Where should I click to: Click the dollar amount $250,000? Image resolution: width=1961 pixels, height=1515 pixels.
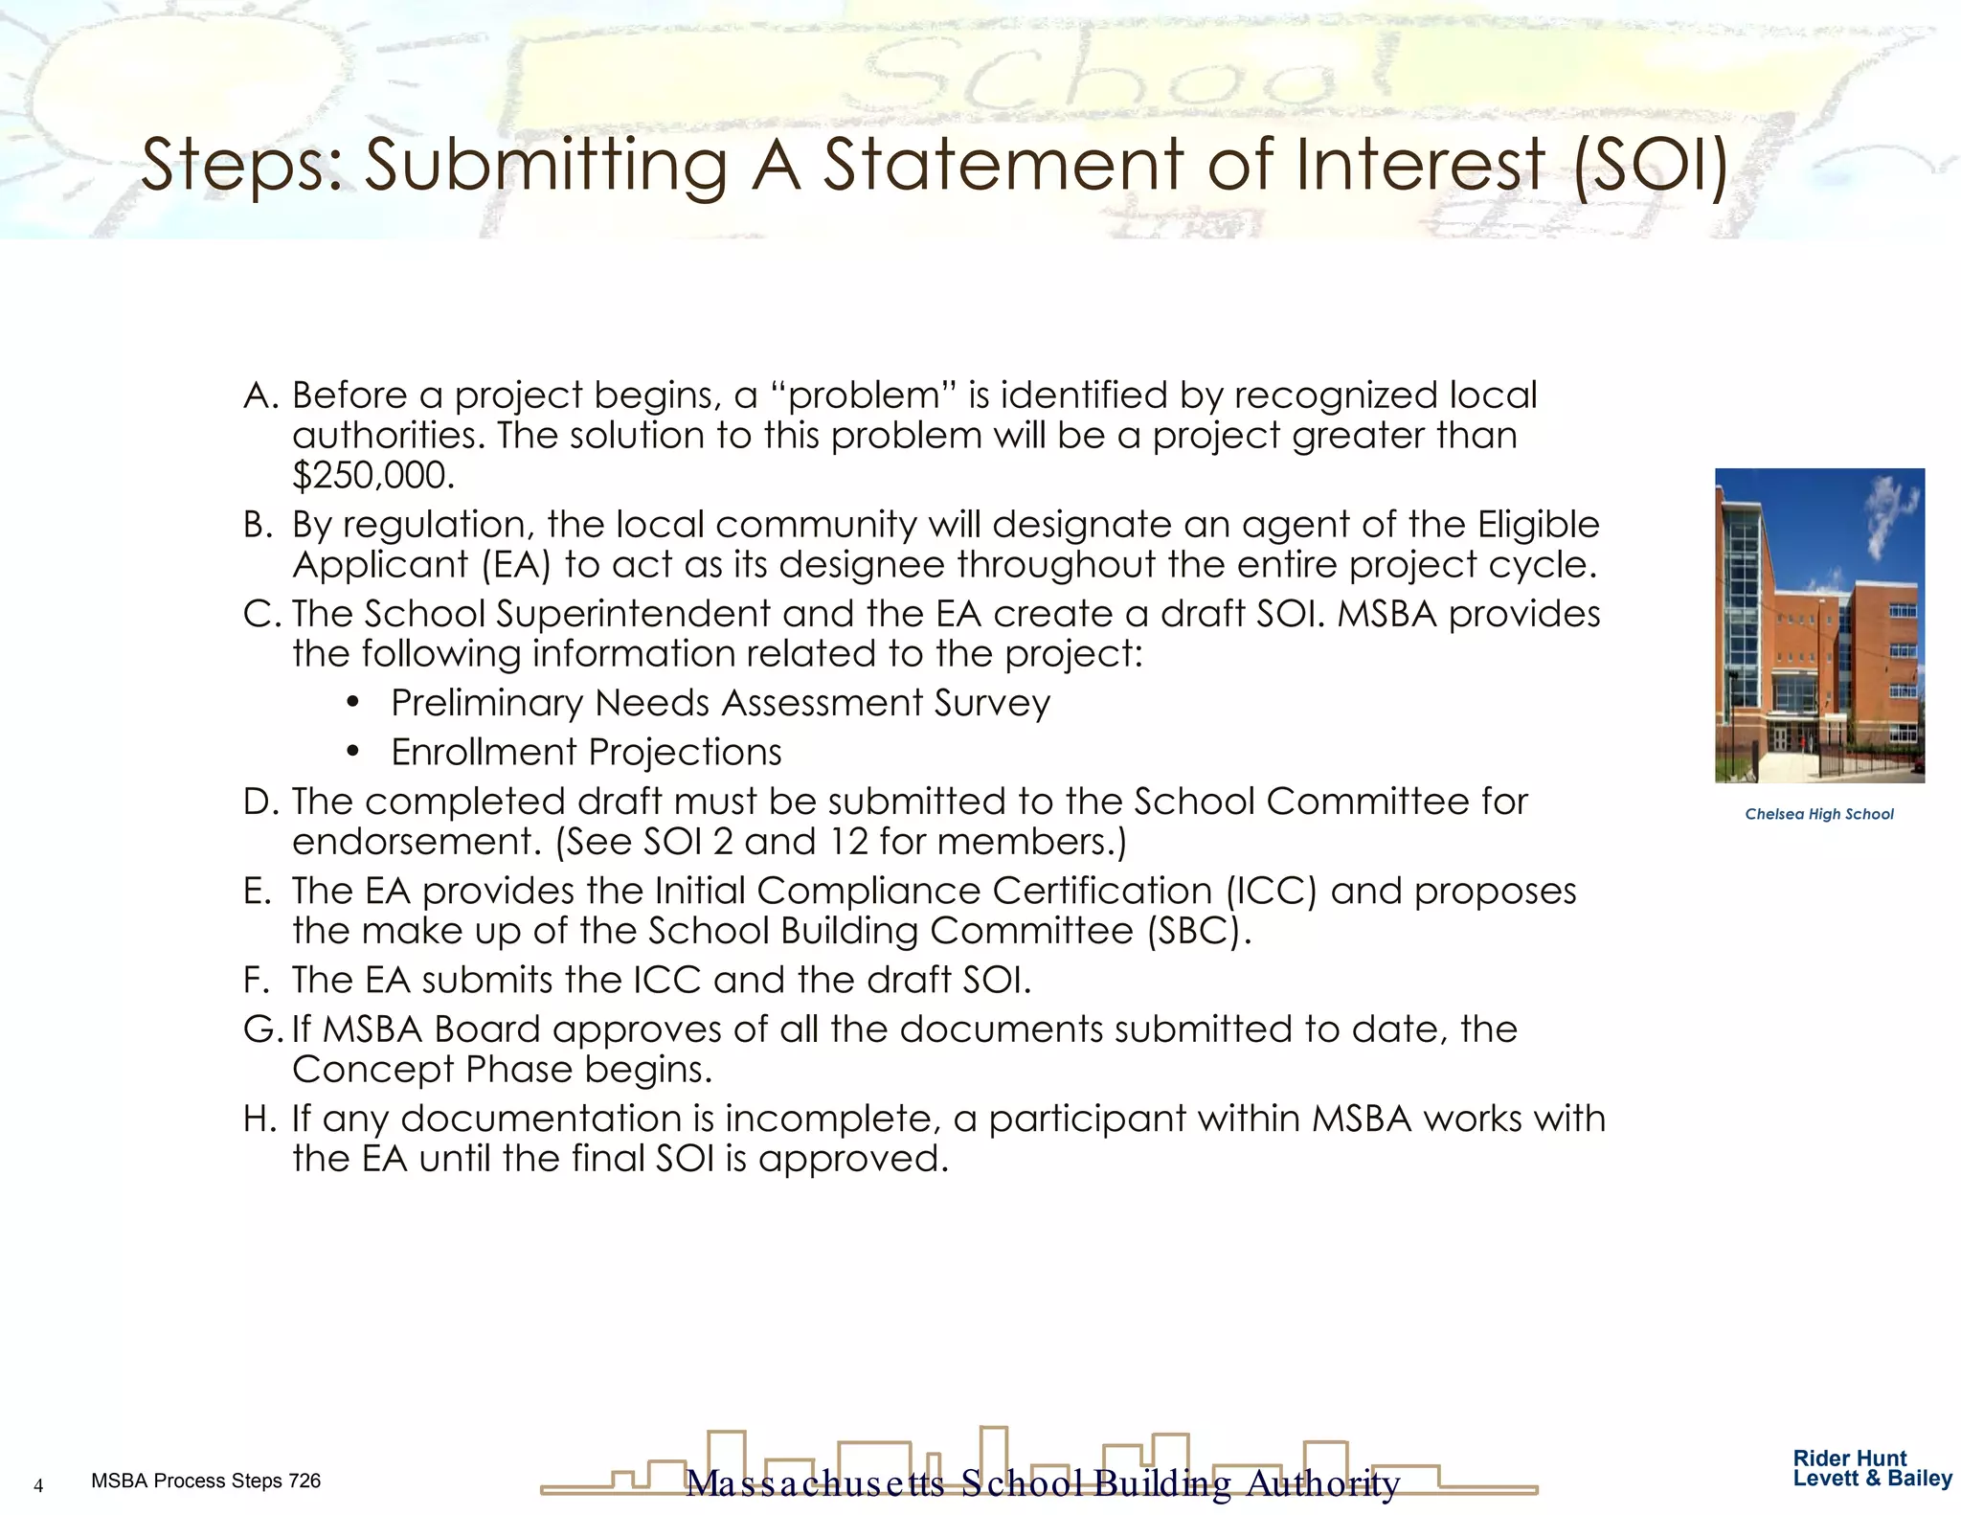tap(372, 475)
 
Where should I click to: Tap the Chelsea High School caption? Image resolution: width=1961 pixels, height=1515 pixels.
tap(1818, 814)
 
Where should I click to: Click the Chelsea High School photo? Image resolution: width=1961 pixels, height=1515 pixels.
tap(1819, 624)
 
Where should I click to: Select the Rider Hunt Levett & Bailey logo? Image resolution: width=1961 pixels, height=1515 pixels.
tap(1872, 1468)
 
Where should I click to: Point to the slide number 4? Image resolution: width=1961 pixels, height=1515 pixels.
tap(38, 1485)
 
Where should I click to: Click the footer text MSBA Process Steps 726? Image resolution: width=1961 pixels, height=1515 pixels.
tap(206, 1481)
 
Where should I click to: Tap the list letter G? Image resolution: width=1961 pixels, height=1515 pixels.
tap(261, 1029)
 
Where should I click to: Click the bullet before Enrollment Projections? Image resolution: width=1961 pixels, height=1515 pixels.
tap(353, 752)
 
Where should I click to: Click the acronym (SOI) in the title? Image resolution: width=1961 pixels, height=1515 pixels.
tap(1651, 165)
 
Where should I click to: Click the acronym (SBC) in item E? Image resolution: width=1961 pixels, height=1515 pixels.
tap(1198, 931)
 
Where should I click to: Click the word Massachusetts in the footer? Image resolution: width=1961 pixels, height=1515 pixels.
tap(816, 1483)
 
